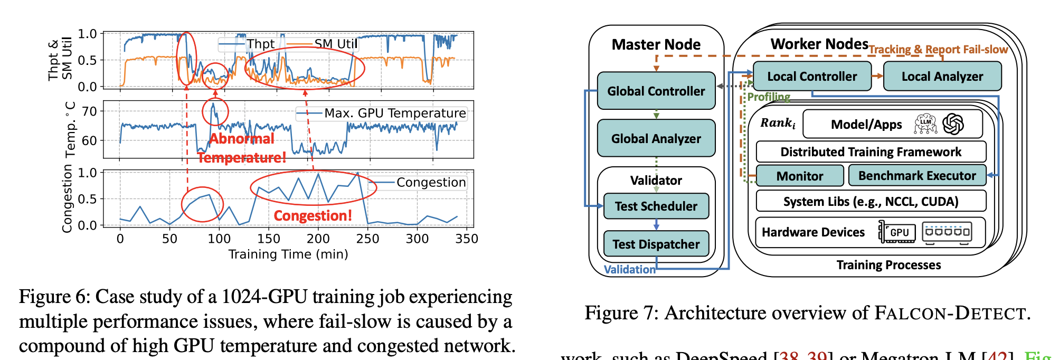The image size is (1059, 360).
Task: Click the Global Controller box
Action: tap(656, 91)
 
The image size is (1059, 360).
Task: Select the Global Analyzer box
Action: tap(656, 138)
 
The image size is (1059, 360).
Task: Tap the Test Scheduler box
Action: tap(656, 206)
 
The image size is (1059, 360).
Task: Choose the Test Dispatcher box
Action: tap(656, 244)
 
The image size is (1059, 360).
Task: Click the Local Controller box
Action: tap(811, 77)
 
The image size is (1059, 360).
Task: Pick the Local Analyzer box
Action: tap(942, 77)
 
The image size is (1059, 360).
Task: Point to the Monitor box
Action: tap(799, 176)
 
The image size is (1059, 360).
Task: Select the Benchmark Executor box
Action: tap(916, 176)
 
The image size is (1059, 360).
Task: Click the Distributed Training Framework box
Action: tap(871, 152)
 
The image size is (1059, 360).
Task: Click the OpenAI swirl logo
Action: tap(953, 124)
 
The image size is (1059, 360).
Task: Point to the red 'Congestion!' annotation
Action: tap(313, 215)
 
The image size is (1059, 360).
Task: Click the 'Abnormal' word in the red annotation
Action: tap(242, 138)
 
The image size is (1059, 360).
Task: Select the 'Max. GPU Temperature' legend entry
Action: tap(395, 113)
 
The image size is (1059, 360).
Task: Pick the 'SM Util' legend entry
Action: tap(336, 44)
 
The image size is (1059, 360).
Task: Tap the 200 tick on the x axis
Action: tap(318, 239)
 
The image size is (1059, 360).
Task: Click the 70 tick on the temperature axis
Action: tap(90, 111)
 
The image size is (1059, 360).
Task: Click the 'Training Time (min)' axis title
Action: tap(288, 254)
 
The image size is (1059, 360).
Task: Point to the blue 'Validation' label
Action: tap(629, 269)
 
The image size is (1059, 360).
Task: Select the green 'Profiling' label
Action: tap(768, 97)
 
